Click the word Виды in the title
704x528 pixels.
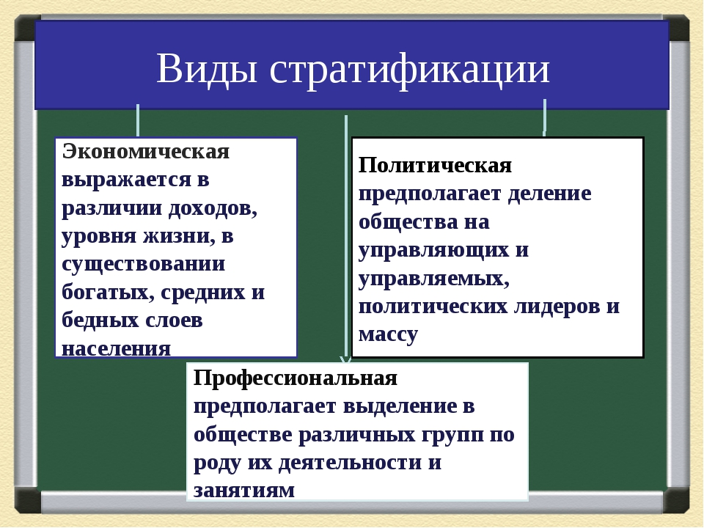coord(207,69)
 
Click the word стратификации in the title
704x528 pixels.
coord(409,70)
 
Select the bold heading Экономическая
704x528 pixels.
coord(146,151)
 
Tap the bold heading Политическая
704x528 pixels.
coord(435,165)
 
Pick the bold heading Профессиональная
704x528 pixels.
coord(296,378)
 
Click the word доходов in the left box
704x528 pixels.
coord(213,208)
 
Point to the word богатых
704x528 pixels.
coord(108,293)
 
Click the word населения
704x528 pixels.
coord(117,349)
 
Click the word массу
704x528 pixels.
coord(389,335)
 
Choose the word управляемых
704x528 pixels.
coord(433,279)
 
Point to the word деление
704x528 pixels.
coord(549,194)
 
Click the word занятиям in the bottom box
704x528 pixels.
coord(244,491)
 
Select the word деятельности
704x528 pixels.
coord(351,463)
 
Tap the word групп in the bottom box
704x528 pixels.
coord(452,436)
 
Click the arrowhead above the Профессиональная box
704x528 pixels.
coord(345,359)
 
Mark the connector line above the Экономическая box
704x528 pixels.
coord(138,120)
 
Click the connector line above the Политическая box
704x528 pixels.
coord(545,117)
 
